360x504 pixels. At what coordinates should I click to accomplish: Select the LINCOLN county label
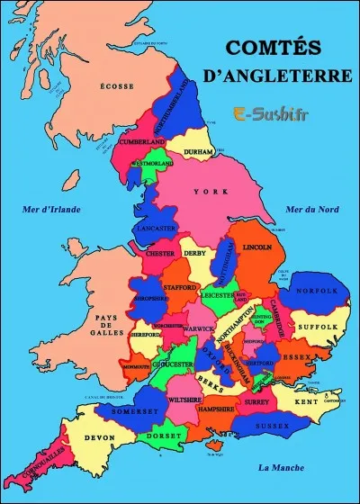point(257,247)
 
